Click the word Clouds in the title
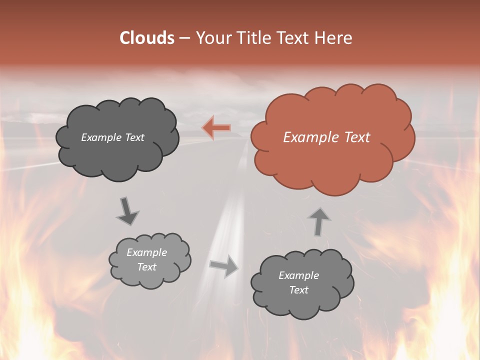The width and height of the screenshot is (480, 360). [x=146, y=38]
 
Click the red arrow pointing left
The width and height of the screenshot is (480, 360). [x=216, y=128]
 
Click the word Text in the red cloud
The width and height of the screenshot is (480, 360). [x=357, y=137]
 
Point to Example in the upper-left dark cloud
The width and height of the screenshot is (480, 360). [x=101, y=137]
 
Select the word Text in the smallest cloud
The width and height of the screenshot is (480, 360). [x=147, y=267]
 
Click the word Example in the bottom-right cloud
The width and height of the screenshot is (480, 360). [x=298, y=275]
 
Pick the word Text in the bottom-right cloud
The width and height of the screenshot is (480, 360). [x=298, y=290]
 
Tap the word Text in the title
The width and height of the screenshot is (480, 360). [x=296, y=38]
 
